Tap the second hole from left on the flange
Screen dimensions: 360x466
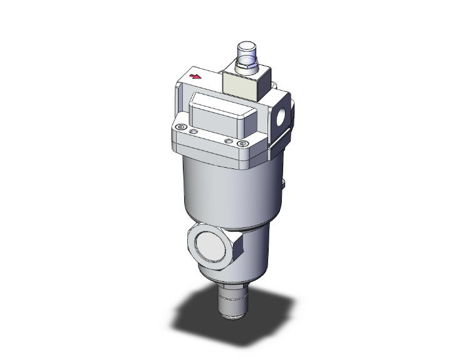193,132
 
